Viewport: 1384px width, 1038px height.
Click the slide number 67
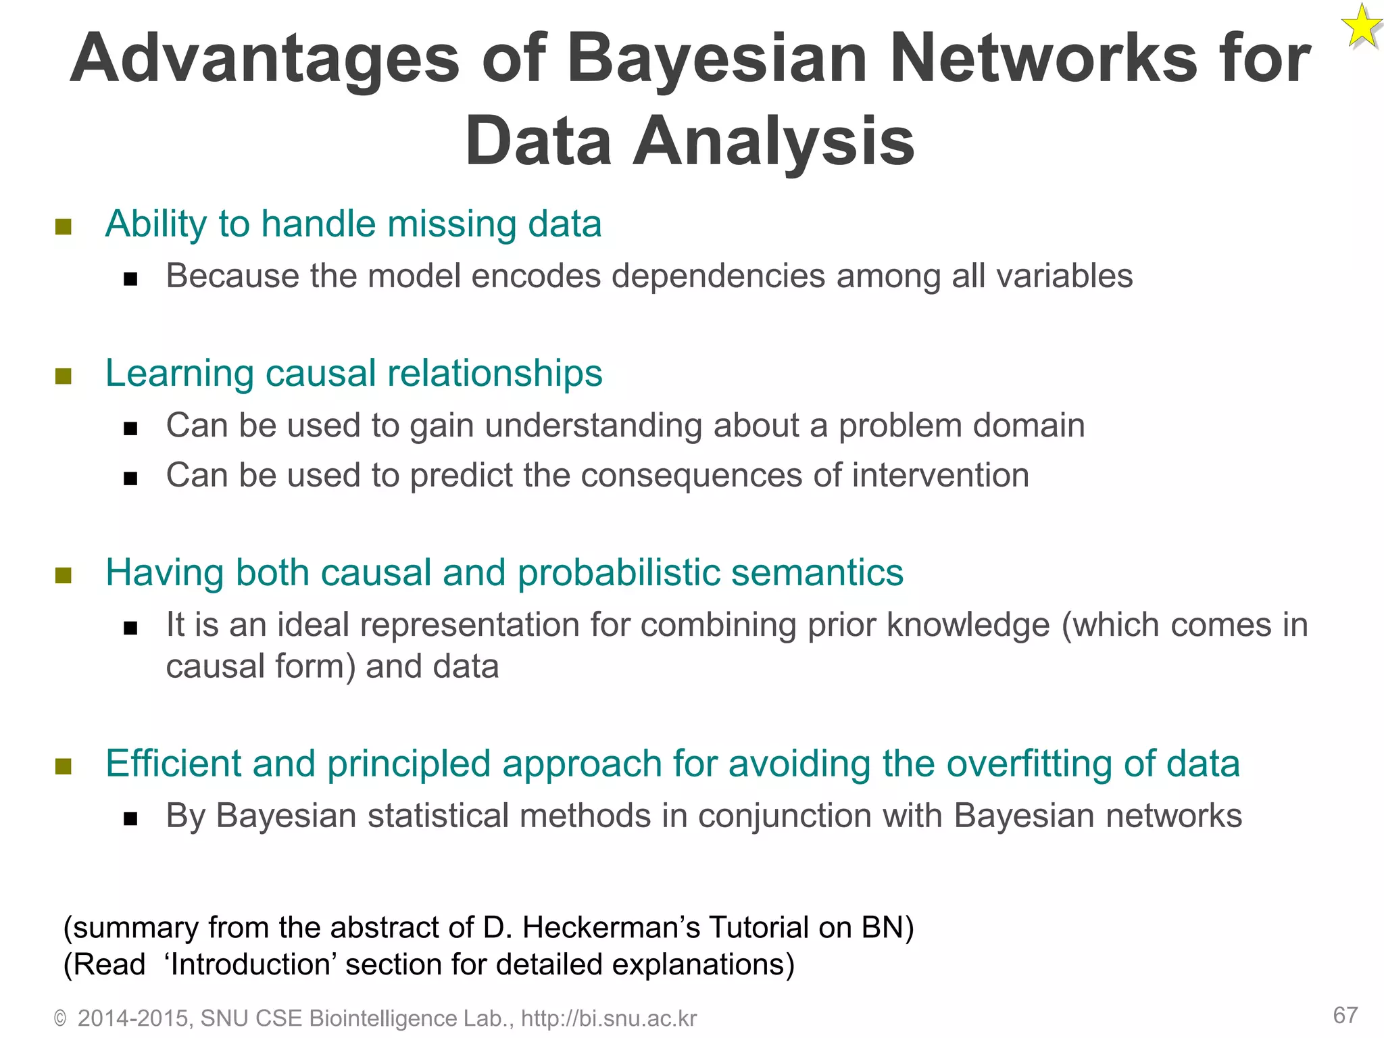point(1345,1015)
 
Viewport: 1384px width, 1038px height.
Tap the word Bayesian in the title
point(716,59)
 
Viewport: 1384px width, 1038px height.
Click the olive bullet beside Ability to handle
point(64,226)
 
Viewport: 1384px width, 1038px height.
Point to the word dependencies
point(718,276)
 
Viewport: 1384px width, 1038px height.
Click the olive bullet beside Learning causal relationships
point(64,376)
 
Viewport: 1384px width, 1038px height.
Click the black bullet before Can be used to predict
point(130,478)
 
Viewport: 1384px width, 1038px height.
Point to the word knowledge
point(968,625)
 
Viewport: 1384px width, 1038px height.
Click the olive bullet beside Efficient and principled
point(64,766)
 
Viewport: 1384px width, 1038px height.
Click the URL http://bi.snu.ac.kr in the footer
point(608,1018)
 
